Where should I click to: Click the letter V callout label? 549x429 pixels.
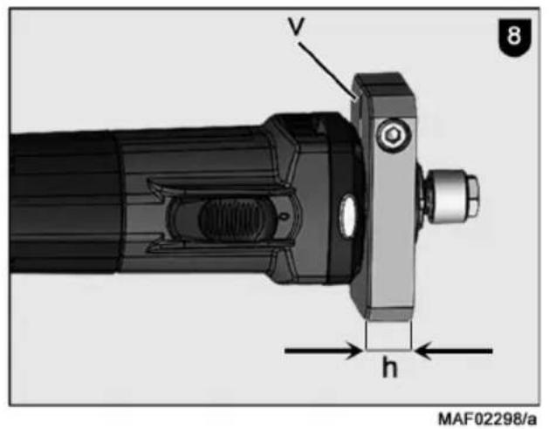[297, 26]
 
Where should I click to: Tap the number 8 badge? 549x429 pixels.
[514, 37]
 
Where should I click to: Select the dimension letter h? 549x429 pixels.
[389, 368]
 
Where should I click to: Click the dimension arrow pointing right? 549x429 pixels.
[324, 351]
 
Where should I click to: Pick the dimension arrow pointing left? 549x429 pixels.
[453, 351]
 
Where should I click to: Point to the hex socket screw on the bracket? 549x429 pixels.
[393, 135]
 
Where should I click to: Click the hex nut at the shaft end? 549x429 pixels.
[474, 195]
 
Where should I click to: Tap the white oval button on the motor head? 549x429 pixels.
[348, 216]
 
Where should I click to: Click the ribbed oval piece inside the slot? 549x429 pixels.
[231, 220]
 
